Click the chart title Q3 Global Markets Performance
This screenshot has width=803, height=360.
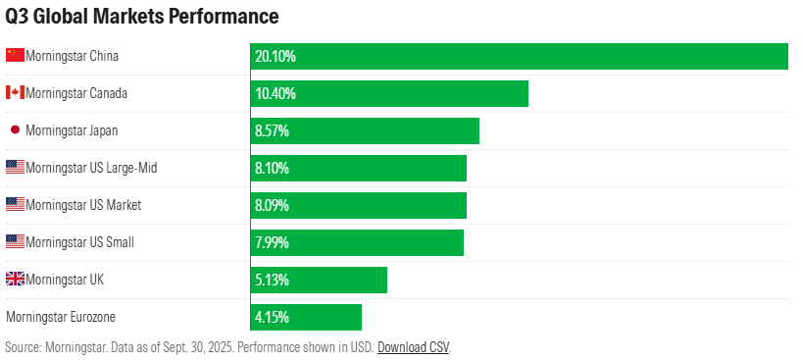(142, 18)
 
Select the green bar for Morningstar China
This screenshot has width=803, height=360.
(520, 56)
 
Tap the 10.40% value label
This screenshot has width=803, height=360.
(276, 93)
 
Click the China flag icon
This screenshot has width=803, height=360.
(15, 56)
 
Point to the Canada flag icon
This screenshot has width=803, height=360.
(15, 93)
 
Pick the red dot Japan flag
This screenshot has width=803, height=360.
(15, 130)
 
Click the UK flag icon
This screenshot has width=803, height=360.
(15, 280)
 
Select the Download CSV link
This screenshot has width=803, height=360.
(413, 347)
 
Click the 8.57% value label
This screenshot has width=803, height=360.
(272, 130)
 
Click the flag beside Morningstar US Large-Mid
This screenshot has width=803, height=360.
(15, 168)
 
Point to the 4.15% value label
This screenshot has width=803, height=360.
(272, 317)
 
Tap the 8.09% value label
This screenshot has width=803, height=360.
(272, 205)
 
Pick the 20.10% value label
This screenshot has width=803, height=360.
(276, 56)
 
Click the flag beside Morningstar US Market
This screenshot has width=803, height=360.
(15, 205)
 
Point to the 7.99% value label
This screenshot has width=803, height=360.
(272, 242)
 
